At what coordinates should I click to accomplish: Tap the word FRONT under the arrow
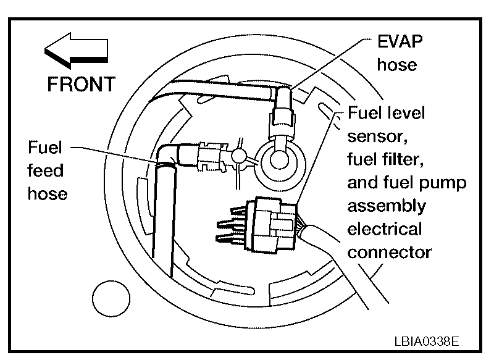point(81,84)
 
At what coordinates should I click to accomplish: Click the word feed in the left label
point(46,170)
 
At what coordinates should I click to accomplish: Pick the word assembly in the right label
point(387,206)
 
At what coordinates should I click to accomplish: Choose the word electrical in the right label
point(385,229)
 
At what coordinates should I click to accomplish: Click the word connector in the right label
point(389,252)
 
